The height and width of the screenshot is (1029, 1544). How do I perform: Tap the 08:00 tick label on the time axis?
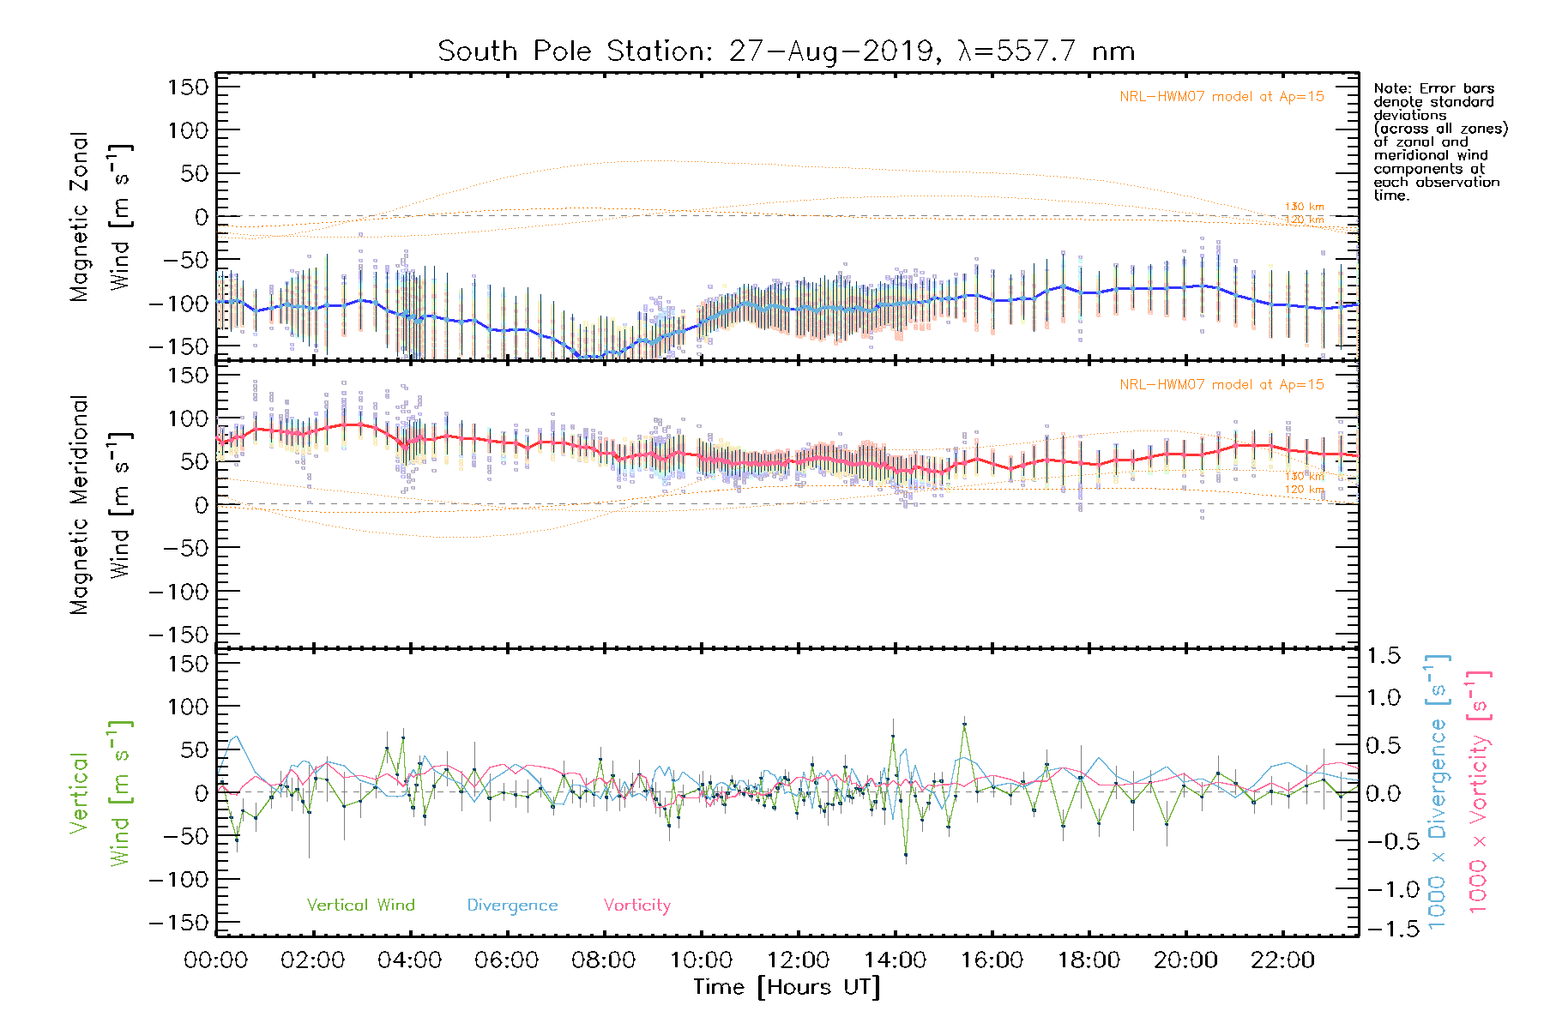click(x=604, y=960)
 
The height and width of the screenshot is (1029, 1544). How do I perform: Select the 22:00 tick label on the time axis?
click(x=1282, y=960)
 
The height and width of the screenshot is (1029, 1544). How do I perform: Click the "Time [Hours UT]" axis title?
click(x=787, y=988)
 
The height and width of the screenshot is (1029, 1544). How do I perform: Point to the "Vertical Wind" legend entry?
click(x=360, y=906)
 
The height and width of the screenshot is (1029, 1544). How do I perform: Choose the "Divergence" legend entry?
click(x=512, y=906)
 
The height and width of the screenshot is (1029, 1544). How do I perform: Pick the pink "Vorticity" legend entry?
click(x=636, y=906)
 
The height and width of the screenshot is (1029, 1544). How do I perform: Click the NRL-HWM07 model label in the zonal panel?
click(x=1221, y=97)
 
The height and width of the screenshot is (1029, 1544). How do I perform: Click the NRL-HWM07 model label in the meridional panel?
click(x=1221, y=385)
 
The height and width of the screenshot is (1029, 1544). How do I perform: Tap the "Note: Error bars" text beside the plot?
click(x=1434, y=89)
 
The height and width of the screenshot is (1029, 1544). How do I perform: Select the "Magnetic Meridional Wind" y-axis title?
click(x=100, y=505)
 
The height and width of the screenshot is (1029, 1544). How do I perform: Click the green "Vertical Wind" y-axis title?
click(x=100, y=793)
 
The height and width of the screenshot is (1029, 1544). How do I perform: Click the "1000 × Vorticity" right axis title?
click(x=1479, y=793)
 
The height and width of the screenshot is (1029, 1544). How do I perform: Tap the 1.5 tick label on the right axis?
click(x=1383, y=656)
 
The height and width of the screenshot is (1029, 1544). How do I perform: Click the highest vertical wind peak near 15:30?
click(x=964, y=725)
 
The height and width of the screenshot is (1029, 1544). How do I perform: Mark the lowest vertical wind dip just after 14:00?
click(x=906, y=855)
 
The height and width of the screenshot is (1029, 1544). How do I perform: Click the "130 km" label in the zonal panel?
click(x=1304, y=207)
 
